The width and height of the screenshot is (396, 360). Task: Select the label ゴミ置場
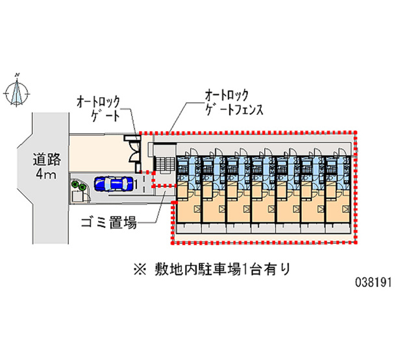click(108, 224)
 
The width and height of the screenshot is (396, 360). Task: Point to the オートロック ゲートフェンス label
click(233, 102)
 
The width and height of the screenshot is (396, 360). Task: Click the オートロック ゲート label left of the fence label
click(97, 108)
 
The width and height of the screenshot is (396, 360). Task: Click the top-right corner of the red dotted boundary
click(356, 132)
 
